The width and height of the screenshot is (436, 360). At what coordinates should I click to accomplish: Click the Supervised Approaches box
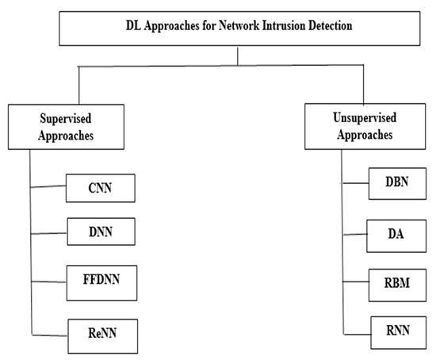pos(66,128)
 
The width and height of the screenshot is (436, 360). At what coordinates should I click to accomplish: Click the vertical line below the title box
pos(236,53)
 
